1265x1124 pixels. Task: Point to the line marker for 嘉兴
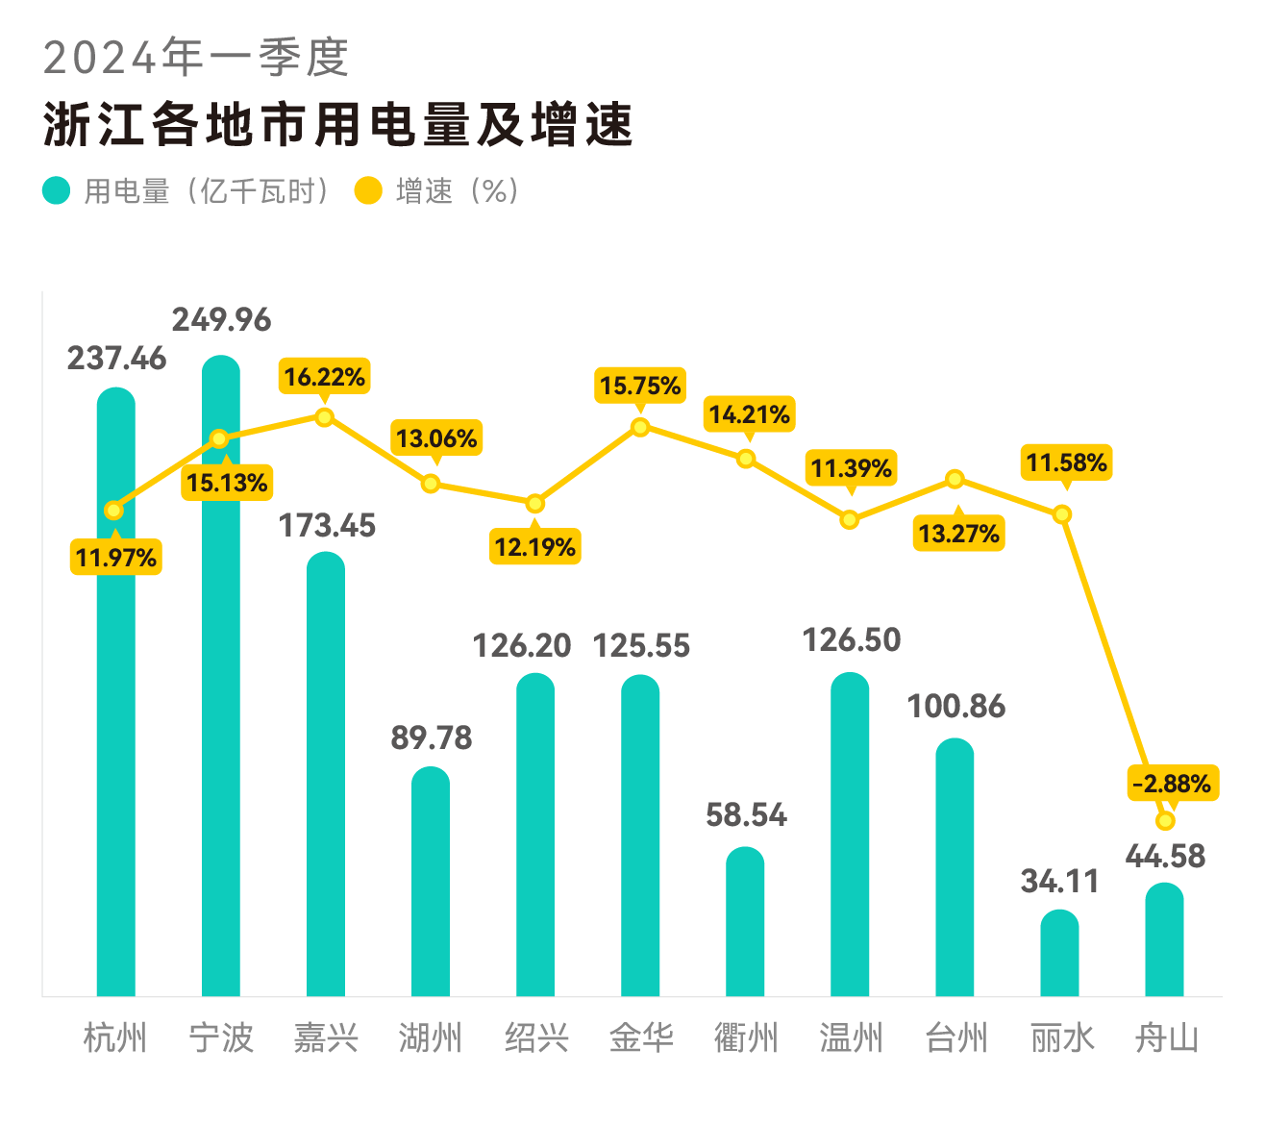[325, 417]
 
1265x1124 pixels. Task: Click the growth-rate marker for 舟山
[1165, 821]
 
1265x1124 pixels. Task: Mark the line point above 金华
[640, 427]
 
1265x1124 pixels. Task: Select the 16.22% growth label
[325, 377]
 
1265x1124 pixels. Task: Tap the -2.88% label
[1172, 784]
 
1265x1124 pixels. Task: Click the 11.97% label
[115, 558]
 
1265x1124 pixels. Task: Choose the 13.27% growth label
[958, 534]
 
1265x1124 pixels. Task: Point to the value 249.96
[222, 319]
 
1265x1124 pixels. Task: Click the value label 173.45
[327, 526]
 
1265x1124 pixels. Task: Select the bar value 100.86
[955, 707]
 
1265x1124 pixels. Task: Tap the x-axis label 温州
[851, 1038]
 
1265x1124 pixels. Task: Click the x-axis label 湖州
[431, 1038]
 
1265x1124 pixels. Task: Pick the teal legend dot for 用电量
[57, 190]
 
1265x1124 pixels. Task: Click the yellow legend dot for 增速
[368, 190]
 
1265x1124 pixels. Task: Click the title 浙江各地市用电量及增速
[337, 125]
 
